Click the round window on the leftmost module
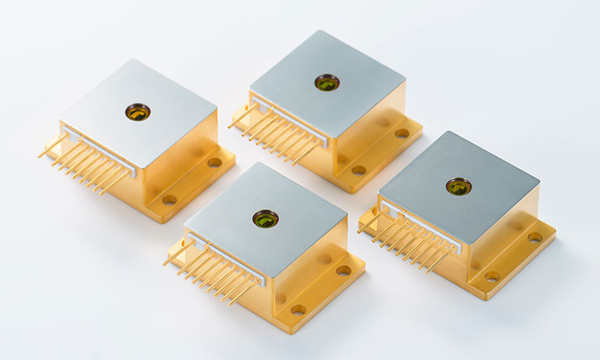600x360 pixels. point(138,112)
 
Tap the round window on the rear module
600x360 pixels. point(327,82)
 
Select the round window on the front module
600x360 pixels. point(266,219)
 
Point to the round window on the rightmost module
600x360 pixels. point(459,186)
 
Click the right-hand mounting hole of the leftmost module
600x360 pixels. point(214,162)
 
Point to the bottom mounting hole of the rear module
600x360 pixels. point(359,169)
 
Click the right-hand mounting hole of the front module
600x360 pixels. point(344,270)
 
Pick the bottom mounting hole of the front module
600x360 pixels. point(298,309)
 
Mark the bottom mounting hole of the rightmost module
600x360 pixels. point(491,276)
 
